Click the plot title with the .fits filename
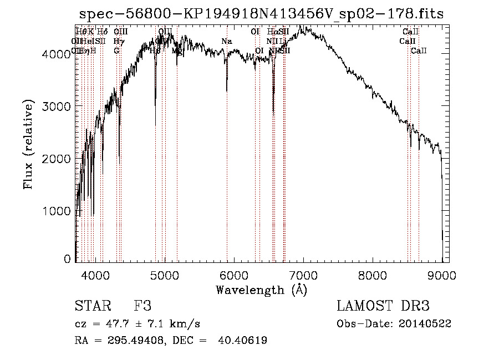tap(261, 14)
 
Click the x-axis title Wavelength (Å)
tap(261, 290)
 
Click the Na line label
tap(226, 42)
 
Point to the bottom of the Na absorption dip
tap(227, 90)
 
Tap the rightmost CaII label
tap(419, 51)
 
